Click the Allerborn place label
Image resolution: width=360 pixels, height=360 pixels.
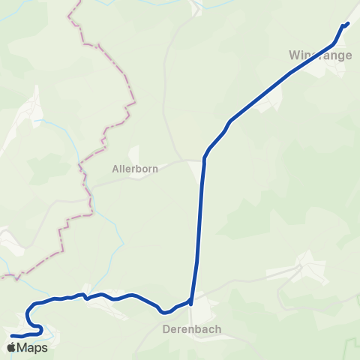tap(135, 169)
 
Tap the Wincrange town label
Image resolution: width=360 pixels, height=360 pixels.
tap(316, 55)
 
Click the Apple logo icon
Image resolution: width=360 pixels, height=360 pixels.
tap(11, 347)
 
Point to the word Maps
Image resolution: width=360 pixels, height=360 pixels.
tap(32, 347)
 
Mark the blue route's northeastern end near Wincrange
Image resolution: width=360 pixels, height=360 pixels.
tap(348, 23)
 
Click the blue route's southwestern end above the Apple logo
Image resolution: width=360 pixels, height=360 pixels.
tap(13, 334)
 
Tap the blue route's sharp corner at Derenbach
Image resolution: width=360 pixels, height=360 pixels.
tap(191, 304)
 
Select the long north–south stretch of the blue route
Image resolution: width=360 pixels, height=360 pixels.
tap(200, 225)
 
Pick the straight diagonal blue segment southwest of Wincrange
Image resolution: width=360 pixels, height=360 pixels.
tap(277, 82)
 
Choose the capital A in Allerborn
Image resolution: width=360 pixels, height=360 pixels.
tap(115, 169)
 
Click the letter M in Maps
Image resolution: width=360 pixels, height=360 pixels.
tap(23, 347)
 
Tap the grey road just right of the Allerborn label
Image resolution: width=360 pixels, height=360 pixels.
tap(176, 161)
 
